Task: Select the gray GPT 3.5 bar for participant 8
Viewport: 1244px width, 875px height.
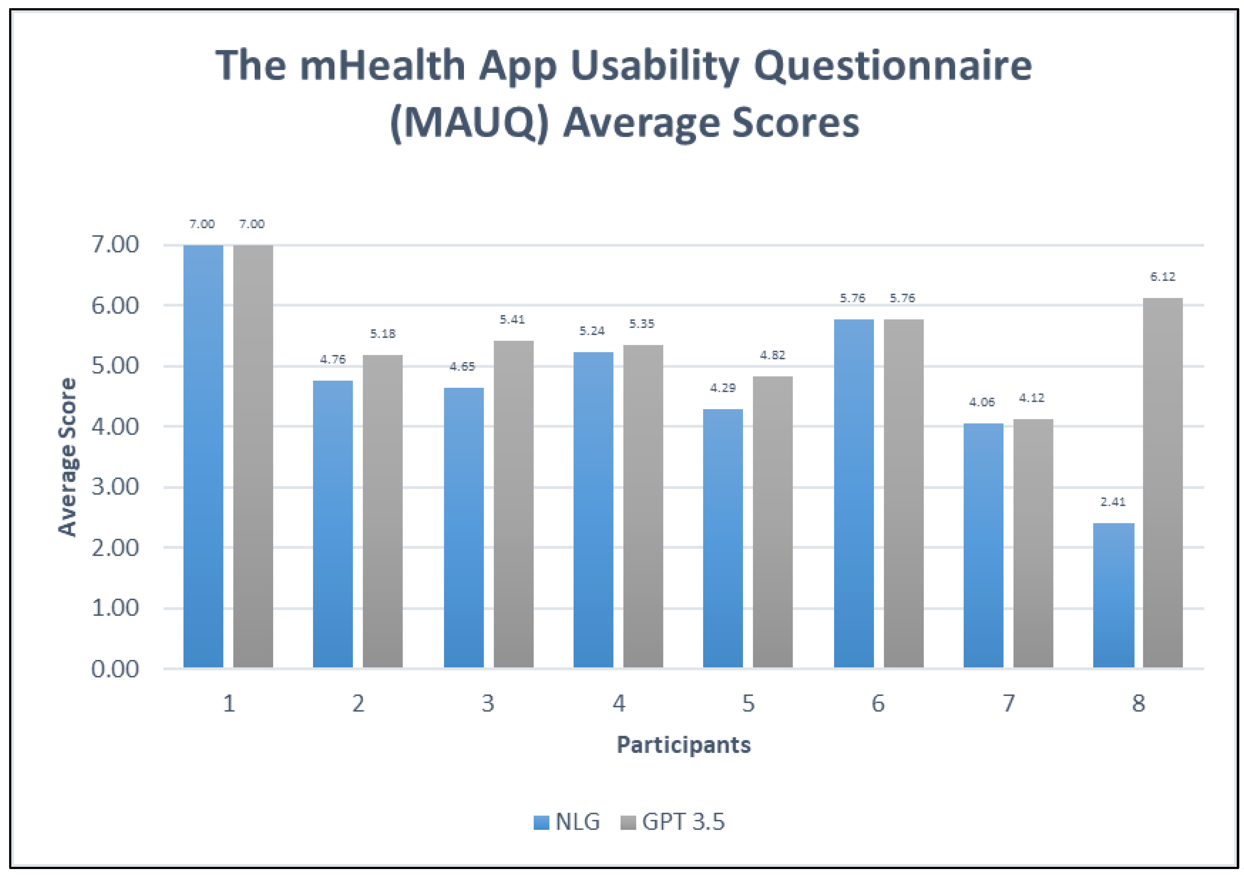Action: tap(1163, 482)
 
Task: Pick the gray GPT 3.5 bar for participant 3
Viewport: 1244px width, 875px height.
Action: tap(513, 504)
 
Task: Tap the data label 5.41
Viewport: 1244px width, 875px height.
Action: tap(512, 320)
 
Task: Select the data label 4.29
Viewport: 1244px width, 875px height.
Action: tap(723, 388)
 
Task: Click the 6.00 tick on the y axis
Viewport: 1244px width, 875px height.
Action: tap(115, 305)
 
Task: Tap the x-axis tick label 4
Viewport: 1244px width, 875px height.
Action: tap(619, 704)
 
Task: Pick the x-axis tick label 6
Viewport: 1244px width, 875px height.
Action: tap(878, 704)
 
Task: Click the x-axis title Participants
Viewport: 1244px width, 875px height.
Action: tap(684, 745)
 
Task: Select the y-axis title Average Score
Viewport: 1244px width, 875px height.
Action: tap(68, 457)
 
